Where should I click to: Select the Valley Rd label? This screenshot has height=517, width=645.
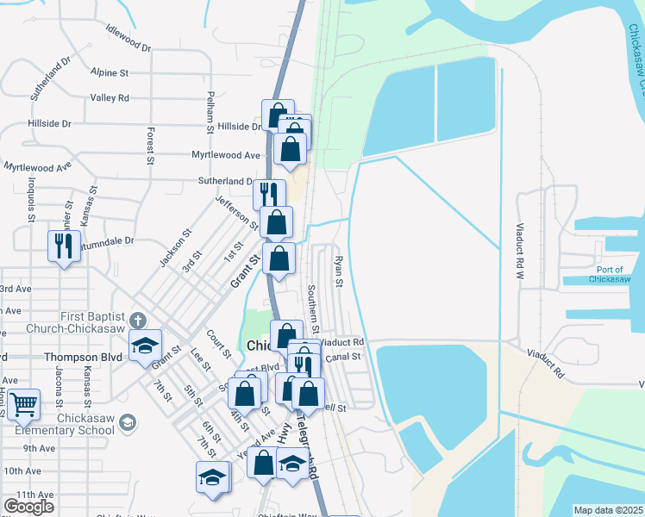(110, 98)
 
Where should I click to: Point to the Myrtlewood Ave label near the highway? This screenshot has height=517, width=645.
(226, 155)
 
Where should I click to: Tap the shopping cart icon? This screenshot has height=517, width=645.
(24, 402)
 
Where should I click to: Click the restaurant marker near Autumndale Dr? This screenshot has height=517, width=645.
(63, 246)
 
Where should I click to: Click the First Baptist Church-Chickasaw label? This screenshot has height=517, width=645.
(92, 325)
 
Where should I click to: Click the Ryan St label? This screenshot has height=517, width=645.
(339, 271)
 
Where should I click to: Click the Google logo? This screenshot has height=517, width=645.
(28, 507)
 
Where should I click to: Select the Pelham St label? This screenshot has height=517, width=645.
(210, 113)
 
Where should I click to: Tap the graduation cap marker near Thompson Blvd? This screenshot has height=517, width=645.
(145, 346)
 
